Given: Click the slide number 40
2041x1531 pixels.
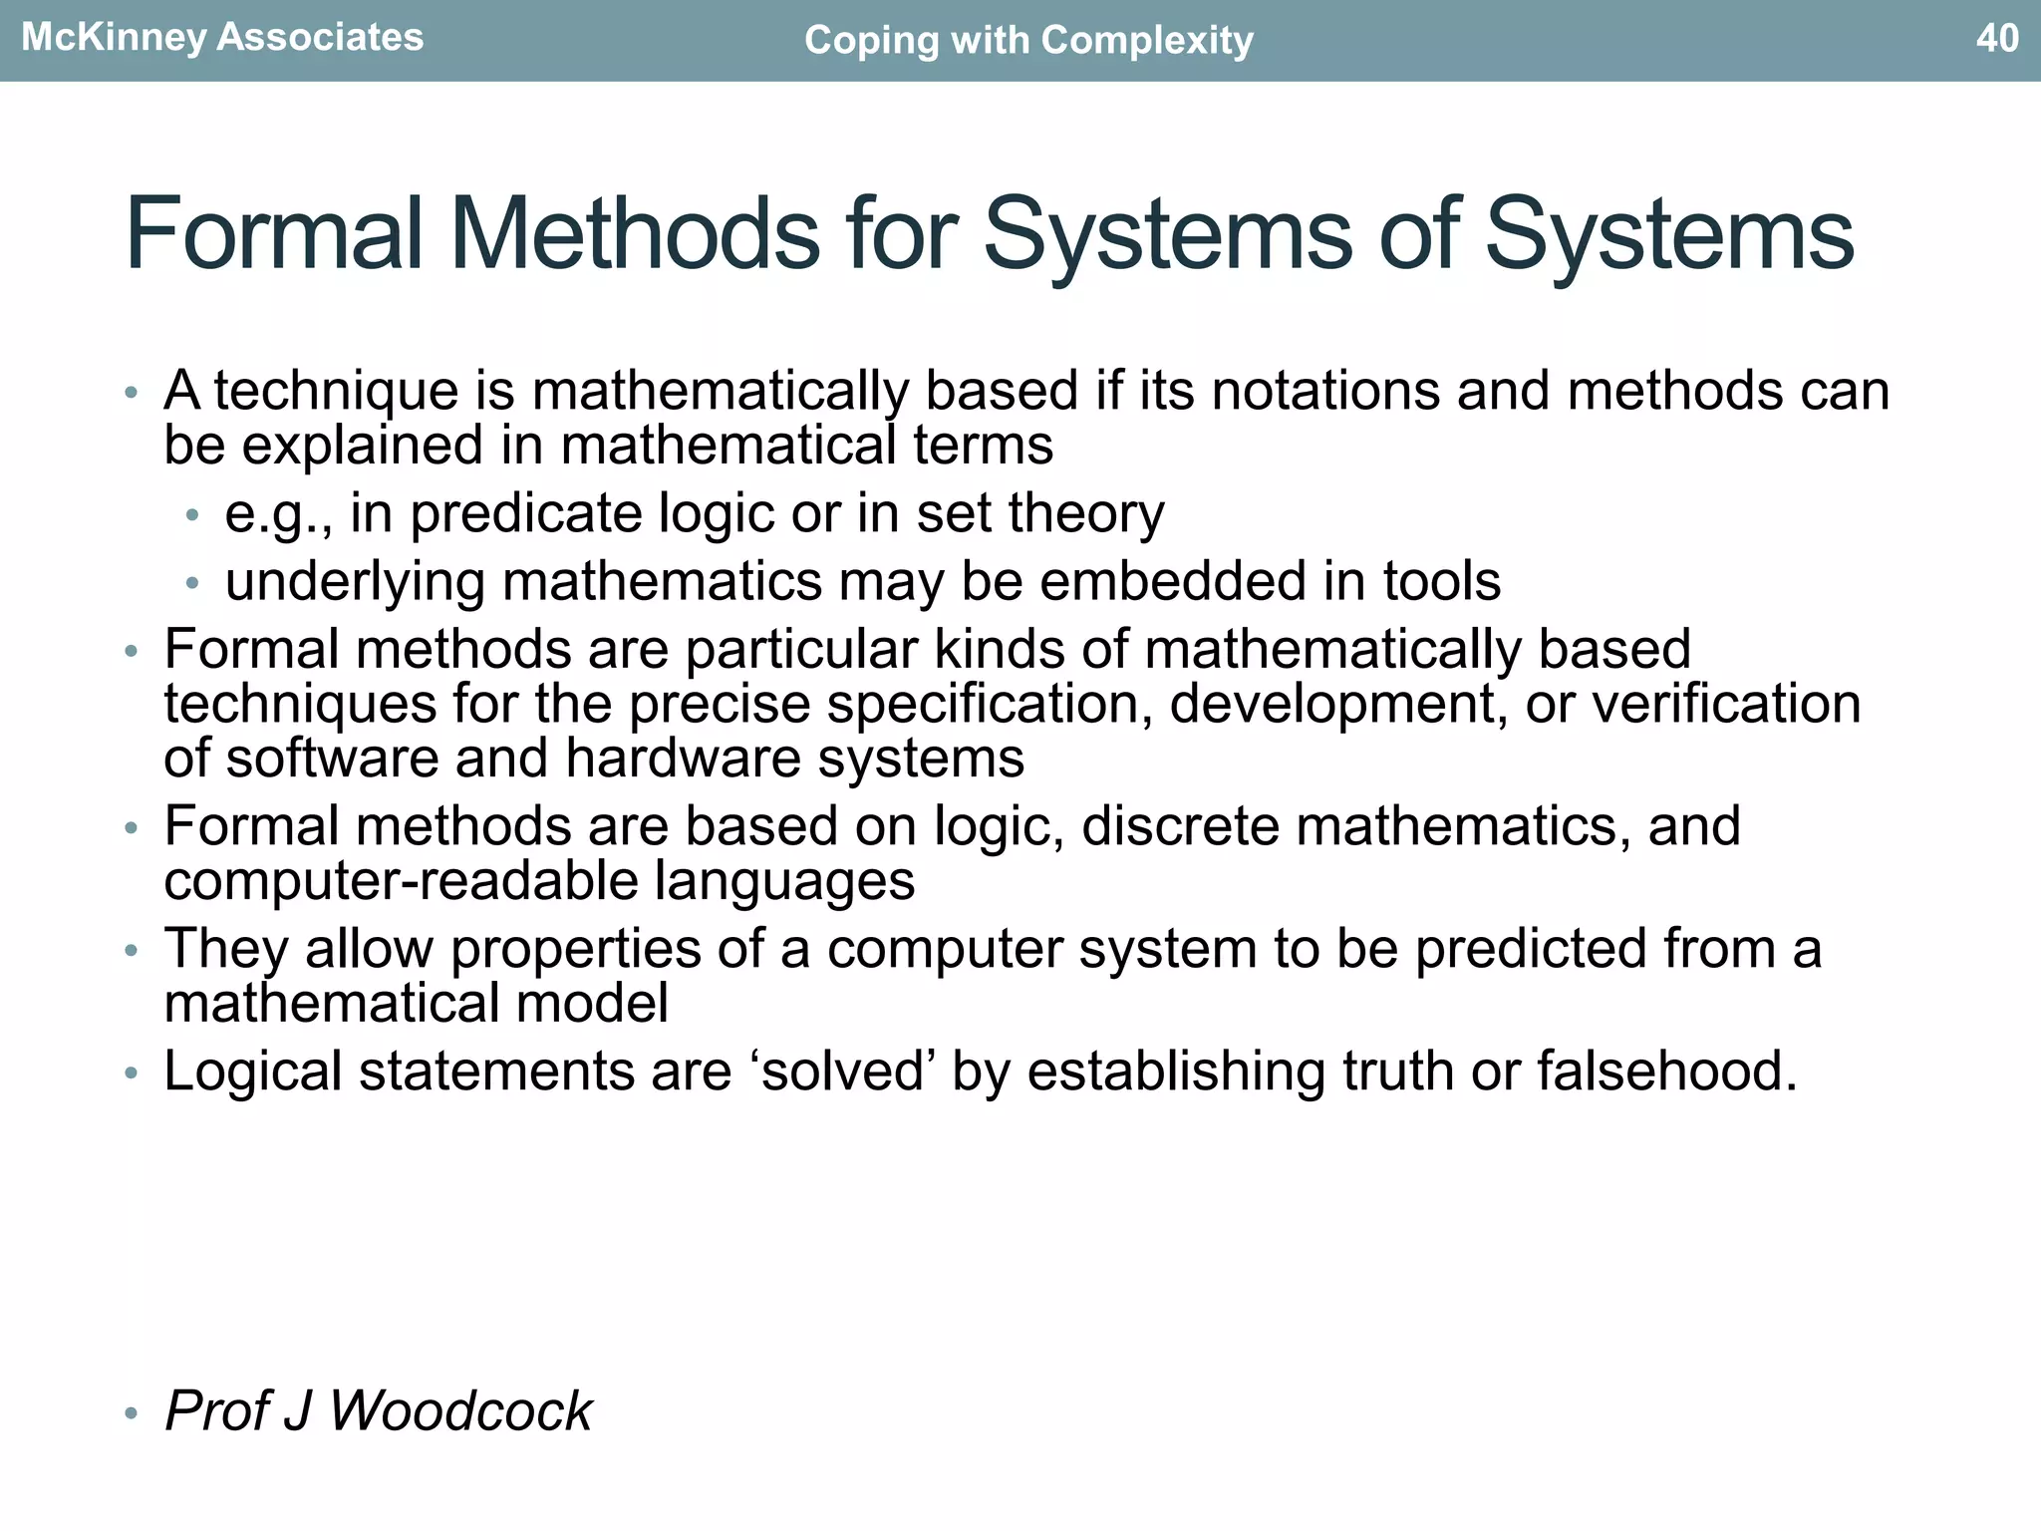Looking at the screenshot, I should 1996,38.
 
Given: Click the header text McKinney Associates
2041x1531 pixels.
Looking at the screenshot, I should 222,38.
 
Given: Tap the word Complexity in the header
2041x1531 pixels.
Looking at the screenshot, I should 1147,41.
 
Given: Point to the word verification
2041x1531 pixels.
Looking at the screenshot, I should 1726,705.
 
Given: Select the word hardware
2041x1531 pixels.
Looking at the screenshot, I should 684,759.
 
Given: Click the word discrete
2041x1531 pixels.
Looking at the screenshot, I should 1180,826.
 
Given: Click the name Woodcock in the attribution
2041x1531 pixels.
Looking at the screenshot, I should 460,1411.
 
